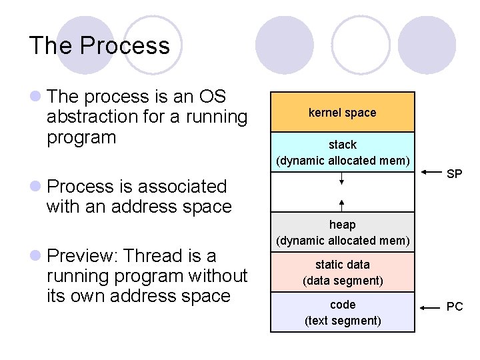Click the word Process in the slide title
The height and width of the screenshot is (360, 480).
125,46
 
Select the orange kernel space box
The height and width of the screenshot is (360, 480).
342,112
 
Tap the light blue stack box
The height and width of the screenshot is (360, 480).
342,152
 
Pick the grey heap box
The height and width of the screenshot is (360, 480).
342,232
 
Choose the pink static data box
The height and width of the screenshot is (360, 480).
342,272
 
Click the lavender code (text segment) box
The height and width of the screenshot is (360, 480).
342,312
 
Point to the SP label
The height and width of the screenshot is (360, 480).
455,174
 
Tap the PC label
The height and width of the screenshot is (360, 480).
455,307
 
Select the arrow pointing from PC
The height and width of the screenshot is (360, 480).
430,307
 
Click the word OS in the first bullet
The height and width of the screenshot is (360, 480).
213,97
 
